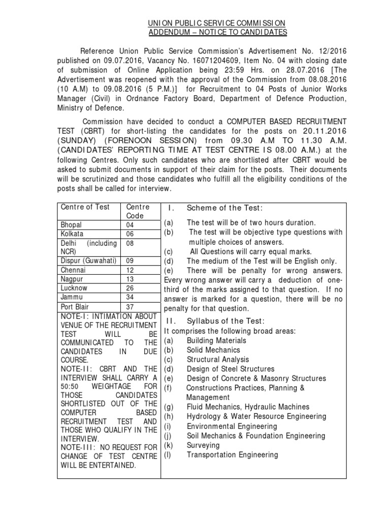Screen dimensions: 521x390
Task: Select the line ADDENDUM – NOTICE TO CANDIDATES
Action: point(217,33)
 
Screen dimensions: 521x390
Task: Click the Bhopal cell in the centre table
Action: point(71,224)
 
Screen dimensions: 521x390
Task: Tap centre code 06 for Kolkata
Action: point(130,234)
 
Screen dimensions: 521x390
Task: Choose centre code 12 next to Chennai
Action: point(130,270)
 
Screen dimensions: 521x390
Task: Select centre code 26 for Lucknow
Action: point(130,288)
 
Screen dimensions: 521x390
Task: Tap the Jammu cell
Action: point(71,297)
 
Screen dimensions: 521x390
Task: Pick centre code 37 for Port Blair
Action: point(130,307)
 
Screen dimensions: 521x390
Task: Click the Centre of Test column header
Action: point(85,207)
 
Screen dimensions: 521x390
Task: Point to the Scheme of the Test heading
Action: point(224,208)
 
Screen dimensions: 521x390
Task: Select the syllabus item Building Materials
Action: point(216,340)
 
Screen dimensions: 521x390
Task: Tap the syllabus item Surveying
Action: point(203,445)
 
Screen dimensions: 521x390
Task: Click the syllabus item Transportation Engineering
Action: point(232,455)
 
